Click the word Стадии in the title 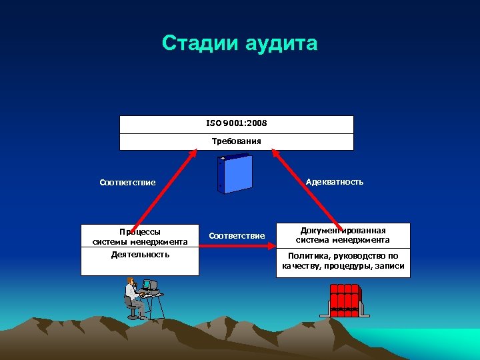coord(200,44)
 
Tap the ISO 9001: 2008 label coord(237,124)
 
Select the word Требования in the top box coord(237,141)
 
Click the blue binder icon coord(235,174)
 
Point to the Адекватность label coord(335,181)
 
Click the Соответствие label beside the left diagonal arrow coord(127,183)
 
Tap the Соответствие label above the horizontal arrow coord(237,235)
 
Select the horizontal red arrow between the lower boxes coord(237,247)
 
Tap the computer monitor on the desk coord(153,286)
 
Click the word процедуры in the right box coord(354,266)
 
